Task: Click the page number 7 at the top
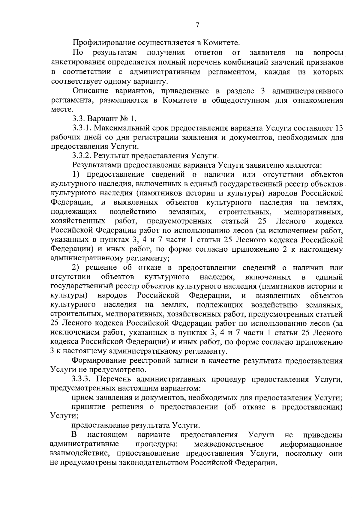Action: [197, 25]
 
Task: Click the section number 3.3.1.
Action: [82, 128]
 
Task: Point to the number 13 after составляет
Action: [338, 128]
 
